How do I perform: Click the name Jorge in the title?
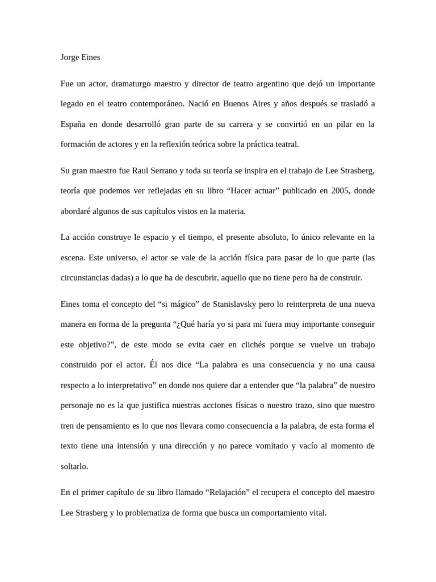coord(70,57)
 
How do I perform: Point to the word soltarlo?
coord(74,466)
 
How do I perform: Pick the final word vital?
coord(316,512)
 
